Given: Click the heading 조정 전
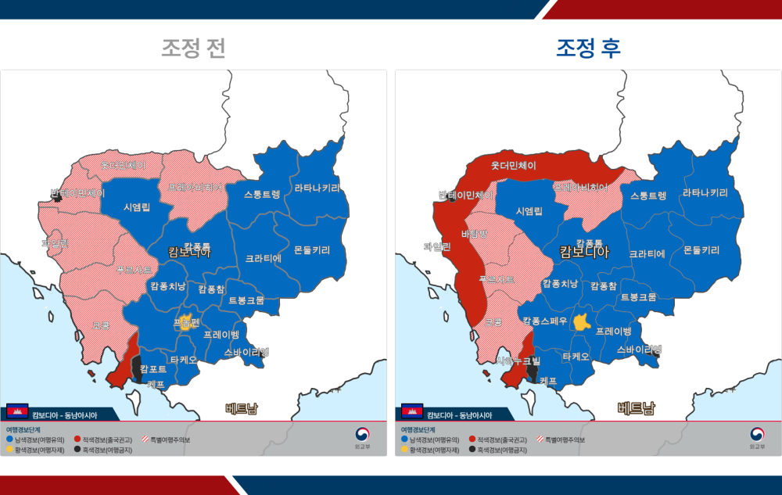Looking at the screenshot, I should (x=194, y=48).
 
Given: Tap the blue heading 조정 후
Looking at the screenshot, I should (x=588, y=48).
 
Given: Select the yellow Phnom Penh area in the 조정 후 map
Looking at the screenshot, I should (x=581, y=321).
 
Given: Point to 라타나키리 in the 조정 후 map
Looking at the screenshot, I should (x=705, y=193).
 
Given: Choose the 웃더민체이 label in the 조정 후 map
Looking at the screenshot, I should (x=513, y=166).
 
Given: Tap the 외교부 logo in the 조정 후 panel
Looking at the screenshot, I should (x=756, y=437).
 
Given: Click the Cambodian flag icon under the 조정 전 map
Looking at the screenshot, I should (x=16, y=412).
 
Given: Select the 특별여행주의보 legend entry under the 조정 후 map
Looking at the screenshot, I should (x=560, y=440).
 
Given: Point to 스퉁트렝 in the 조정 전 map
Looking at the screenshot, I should (x=262, y=194).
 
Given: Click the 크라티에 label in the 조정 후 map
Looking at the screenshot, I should (x=646, y=254).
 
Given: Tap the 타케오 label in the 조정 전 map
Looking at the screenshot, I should (x=184, y=360).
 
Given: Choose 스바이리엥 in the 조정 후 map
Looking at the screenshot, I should (x=639, y=350).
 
